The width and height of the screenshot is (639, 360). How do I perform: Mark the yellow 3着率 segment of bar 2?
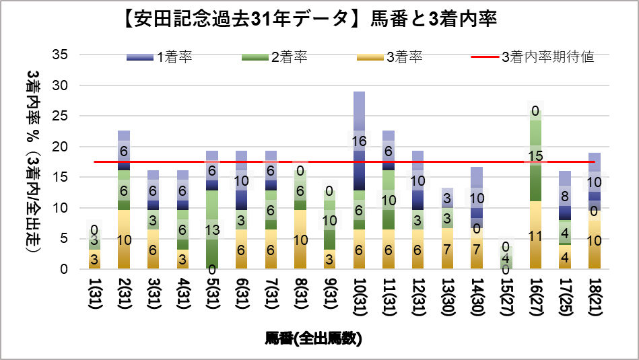pyautogui.click(x=123, y=240)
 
